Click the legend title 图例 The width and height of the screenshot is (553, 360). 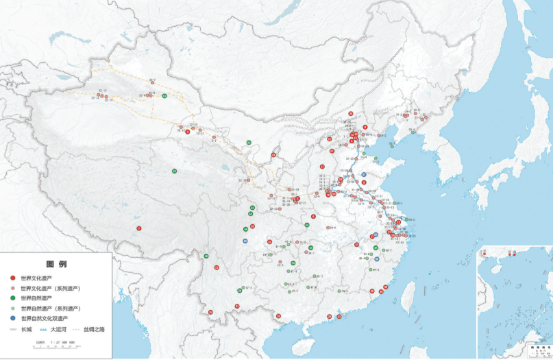click(56, 264)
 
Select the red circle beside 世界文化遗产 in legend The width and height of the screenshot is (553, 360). click(13, 278)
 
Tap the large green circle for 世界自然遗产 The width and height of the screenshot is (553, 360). click(13, 298)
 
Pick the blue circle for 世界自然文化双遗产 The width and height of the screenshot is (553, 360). click(13, 319)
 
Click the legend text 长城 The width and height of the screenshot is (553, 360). click(27, 330)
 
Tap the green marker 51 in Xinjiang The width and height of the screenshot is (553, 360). click(164, 96)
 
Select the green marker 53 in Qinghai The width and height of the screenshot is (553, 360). click(175, 171)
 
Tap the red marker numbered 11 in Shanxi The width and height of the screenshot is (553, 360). click(322, 167)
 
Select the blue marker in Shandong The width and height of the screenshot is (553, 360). click(364, 175)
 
